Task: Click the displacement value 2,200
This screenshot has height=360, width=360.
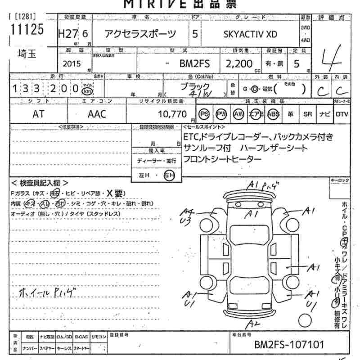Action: coord(238,63)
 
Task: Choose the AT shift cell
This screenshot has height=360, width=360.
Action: coord(39,114)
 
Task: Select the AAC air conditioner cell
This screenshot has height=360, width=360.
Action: coord(97,114)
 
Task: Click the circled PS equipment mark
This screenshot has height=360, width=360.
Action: coord(205,114)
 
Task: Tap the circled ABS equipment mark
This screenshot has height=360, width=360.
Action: coord(273,114)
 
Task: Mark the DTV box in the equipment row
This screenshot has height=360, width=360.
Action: coord(342,114)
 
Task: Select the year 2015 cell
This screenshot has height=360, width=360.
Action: coord(72,64)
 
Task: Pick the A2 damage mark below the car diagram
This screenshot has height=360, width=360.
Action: coord(255,324)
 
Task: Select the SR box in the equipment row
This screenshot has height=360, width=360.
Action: coord(307,114)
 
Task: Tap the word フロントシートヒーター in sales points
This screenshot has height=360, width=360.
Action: coord(222,159)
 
